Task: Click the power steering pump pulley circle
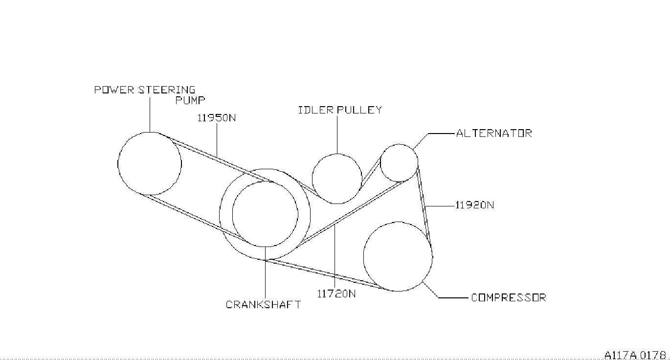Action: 150,163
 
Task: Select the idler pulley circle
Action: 337,178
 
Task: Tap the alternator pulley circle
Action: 399,163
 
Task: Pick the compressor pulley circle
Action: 398,257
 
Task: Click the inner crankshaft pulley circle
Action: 265,214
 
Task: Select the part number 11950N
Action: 216,118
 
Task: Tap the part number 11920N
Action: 474,205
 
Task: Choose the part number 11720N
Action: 336,294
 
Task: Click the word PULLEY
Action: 359,110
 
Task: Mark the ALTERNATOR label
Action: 493,133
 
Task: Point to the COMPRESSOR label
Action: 508,297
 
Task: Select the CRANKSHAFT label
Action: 263,304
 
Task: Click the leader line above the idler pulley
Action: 337,135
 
